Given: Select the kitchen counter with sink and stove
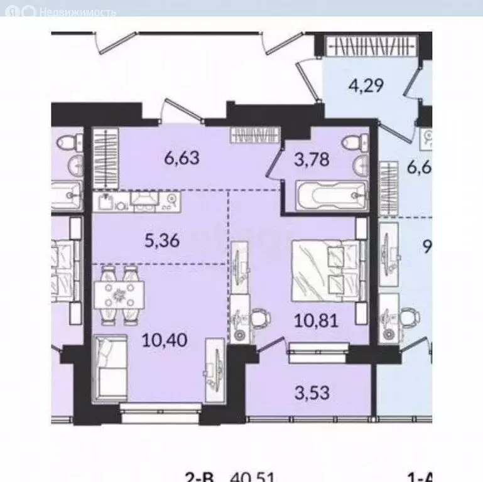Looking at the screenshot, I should pos(138,200).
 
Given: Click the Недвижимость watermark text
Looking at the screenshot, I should pos(77,12).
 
